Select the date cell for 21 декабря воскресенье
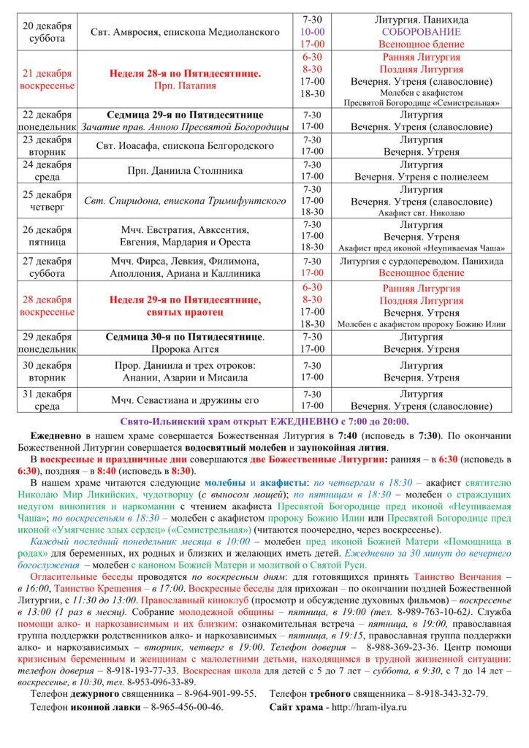47,80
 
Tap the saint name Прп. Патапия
185,86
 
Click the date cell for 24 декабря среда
47,170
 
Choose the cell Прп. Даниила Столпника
185,170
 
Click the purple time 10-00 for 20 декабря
312,32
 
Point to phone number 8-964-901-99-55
219,693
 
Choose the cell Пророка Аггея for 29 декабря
185,349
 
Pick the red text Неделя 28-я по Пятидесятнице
185,74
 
